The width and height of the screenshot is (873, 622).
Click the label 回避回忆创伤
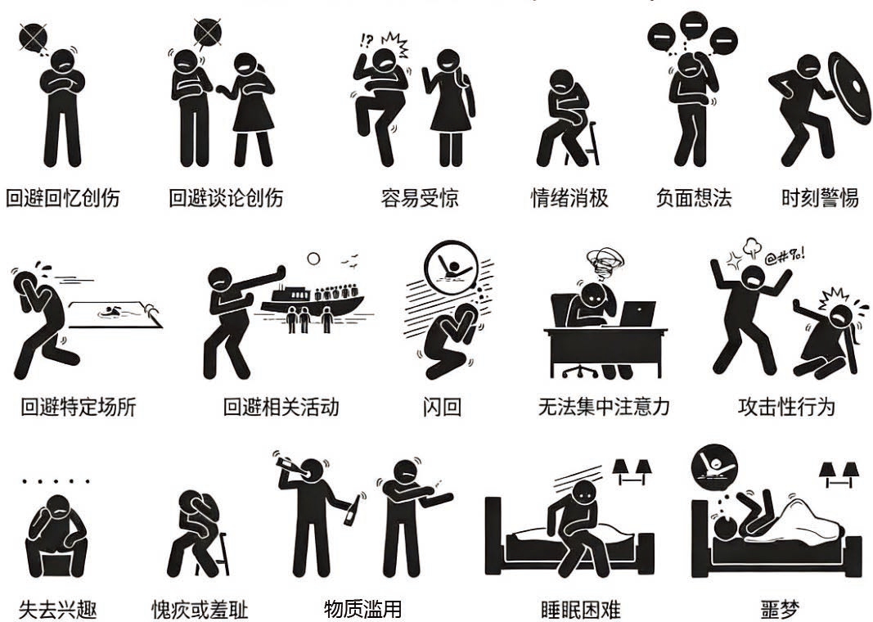pos(62,198)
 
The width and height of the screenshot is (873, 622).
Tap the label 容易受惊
pos(420,198)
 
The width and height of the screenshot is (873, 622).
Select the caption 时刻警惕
pos(820,198)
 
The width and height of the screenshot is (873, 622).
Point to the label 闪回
pos(442,407)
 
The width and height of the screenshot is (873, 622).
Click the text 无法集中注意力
pos(604,407)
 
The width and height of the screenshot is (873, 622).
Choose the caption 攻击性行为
pos(786,407)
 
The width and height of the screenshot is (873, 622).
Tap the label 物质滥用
pos(362,609)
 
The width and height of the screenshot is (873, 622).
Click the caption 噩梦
pos(780,610)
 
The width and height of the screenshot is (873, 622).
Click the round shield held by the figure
pos(849,88)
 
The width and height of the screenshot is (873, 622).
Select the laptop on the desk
pos(637,314)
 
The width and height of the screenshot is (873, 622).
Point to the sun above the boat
pos(313,259)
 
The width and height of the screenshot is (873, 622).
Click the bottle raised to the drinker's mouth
pos(290,466)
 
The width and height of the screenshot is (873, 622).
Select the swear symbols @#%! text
pos(784,257)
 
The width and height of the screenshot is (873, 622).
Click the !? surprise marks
pos(367,41)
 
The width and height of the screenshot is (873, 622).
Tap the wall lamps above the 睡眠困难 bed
pos(632,471)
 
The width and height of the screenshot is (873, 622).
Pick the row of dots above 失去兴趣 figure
pos(56,480)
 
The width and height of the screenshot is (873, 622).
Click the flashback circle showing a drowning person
pos(452,268)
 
